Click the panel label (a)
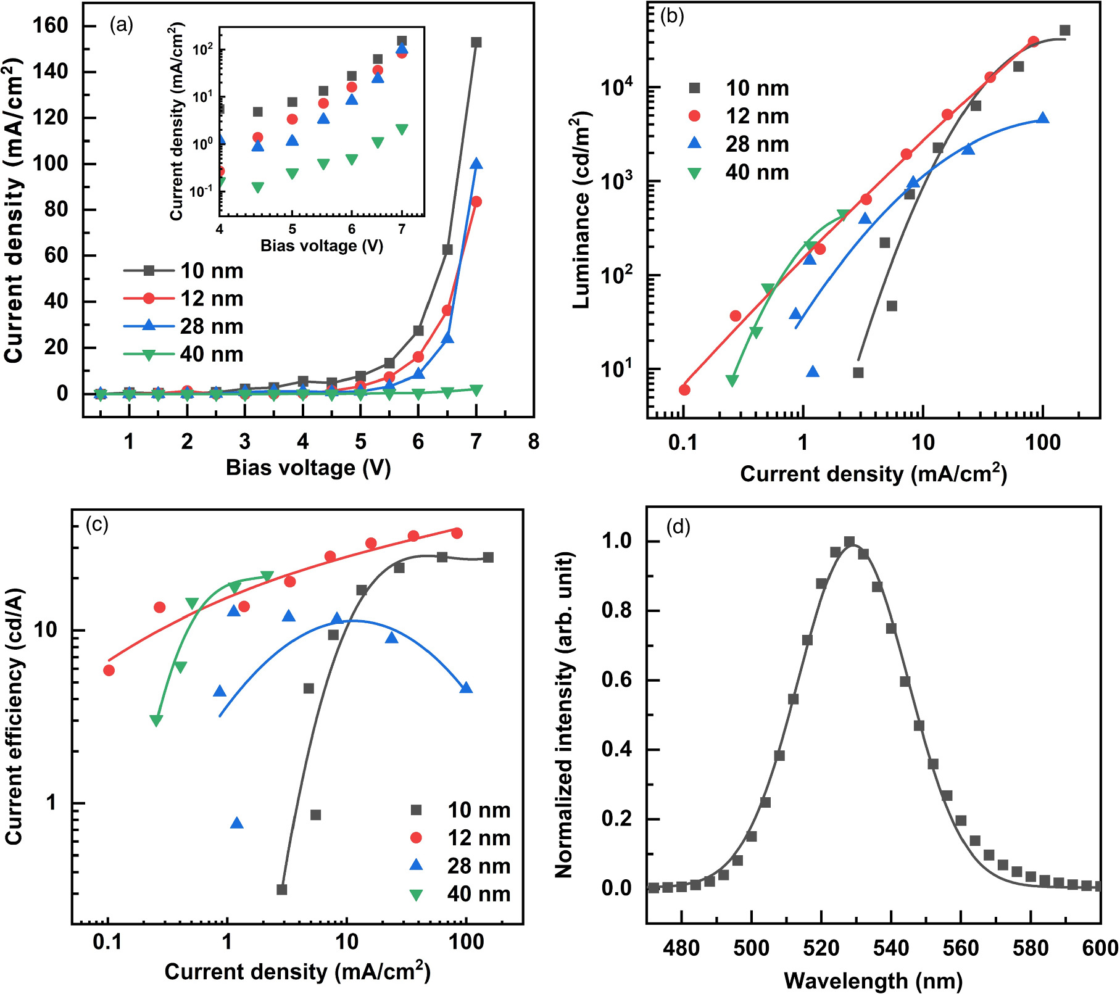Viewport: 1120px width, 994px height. pyautogui.click(x=121, y=25)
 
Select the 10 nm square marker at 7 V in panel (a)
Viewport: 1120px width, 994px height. pyautogui.click(x=476, y=43)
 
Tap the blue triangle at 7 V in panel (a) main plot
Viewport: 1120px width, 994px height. pyautogui.click(x=476, y=164)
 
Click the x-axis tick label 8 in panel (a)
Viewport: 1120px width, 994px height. pyautogui.click(x=533, y=442)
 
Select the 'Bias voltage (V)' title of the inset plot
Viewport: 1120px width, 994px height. pyautogui.click(x=321, y=246)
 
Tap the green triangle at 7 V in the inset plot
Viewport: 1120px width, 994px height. pyautogui.click(x=402, y=130)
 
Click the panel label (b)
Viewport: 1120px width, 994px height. pyautogui.click(x=672, y=17)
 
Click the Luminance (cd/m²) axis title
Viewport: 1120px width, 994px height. pyautogui.click(x=581, y=210)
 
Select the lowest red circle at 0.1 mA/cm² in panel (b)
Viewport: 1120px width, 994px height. pyautogui.click(x=684, y=390)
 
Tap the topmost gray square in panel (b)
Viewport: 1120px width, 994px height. pyautogui.click(x=1064, y=30)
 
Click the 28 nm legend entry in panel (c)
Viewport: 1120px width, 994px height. pyautogui.click(x=460, y=866)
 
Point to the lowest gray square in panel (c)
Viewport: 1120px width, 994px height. pyautogui.click(x=281, y=890)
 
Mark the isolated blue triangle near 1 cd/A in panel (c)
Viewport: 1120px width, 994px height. pyautogui.click(x=236, y=823)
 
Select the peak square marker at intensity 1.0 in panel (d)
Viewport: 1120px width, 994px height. pyautogui.click(x=849, y=542)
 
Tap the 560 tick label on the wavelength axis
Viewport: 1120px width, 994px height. pyautogui.click(x=961, y=948)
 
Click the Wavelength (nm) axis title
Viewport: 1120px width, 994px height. pyautogui.click(x=873, y=980)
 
